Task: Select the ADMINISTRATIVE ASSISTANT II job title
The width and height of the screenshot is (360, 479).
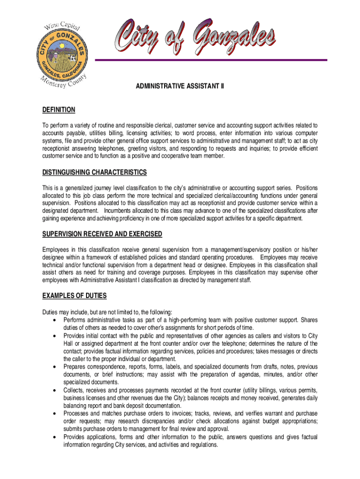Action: pyautogui.click(x=180, y=87)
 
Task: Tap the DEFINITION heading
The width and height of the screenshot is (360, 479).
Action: pyautogui.click(x=58, y=110)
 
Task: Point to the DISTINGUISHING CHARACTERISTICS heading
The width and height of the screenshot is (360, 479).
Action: pyautogui.click(x=94, y=173)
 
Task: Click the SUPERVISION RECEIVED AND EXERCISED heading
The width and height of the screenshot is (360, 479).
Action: pyautogui.click(x=102, y=234)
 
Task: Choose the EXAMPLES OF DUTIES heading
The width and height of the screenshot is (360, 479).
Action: pyautogui.click(x=74, y=296)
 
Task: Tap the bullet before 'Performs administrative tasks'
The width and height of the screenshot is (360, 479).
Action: pyautogui.click(x=56, y=320)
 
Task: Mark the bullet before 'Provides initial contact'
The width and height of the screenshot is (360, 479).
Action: pyautogui.click(x=56, y=336)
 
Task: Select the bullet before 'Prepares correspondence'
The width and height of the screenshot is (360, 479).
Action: pyautogui.click(x=56, y=367)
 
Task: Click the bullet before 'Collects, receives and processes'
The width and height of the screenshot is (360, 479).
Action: pyautogui.click(x=56, y=390)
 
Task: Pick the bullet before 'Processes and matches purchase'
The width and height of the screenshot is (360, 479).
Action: pyautogui.click(x=56, y=414)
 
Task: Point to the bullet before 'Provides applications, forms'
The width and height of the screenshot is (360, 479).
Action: pyautogui.click(x=56, y=437)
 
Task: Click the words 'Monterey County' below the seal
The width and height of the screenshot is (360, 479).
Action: pyautogui.click(x=63, y=84)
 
